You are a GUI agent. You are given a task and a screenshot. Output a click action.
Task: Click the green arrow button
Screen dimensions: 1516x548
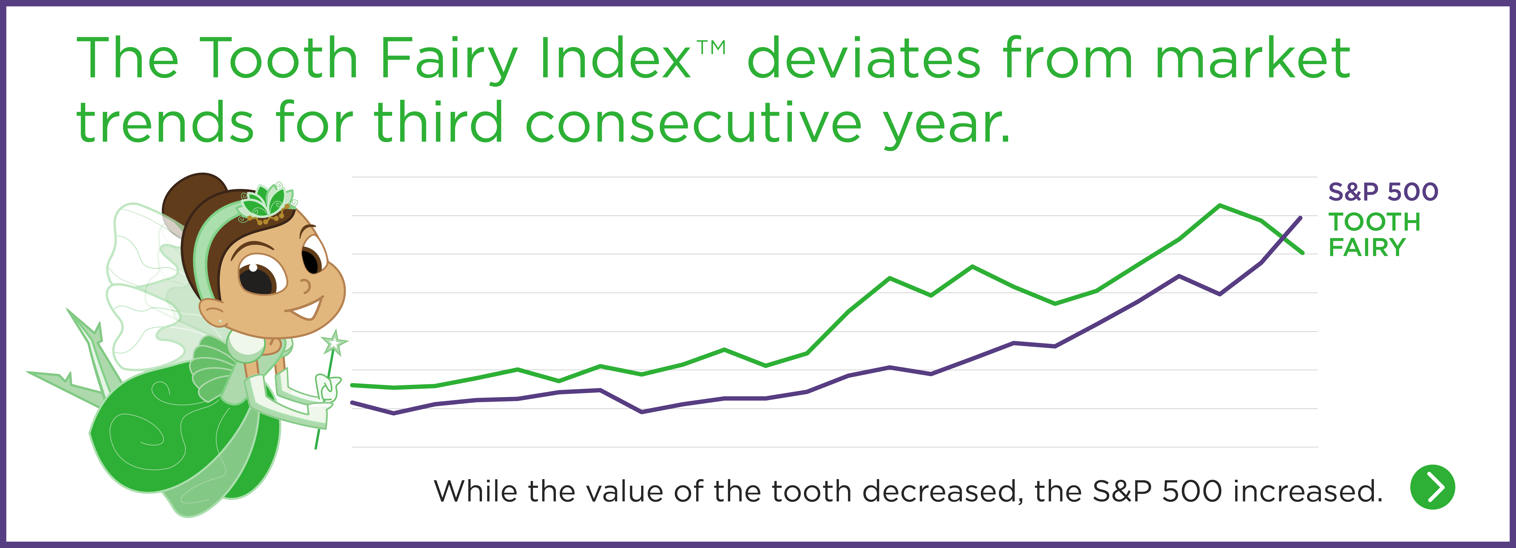pyautogui.click(x=1432, y=487)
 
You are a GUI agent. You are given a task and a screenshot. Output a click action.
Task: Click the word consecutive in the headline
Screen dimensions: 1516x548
pyautogui.click(x=693, y=122)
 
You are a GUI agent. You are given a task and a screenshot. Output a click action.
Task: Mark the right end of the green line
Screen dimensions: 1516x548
pyautogui.click(x=1302, y=253)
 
